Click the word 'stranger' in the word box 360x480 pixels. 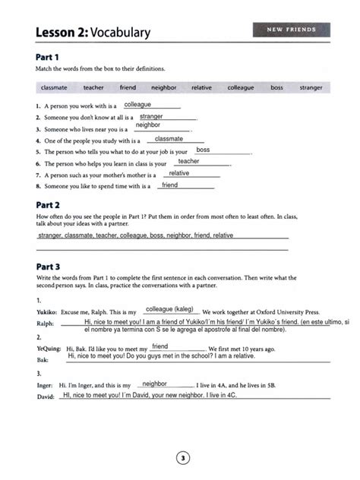(311, 87)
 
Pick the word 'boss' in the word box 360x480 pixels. (276, 87)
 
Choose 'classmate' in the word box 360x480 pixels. (55, 87)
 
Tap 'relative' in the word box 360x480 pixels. (201, 87)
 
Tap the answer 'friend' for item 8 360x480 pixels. (170, 185)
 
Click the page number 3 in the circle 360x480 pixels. (181, 457)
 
